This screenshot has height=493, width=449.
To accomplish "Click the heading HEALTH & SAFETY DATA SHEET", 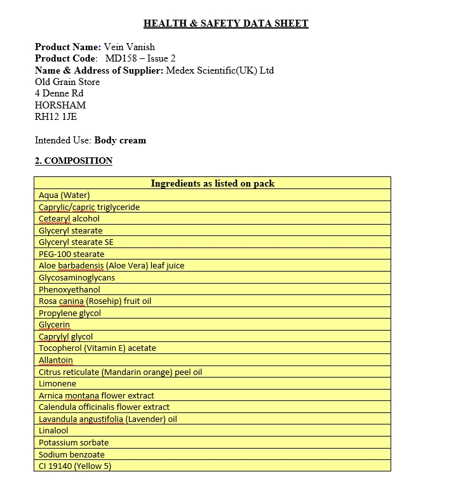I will [x=225, y=24].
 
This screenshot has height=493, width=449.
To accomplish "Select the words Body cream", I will [x=120, y=140].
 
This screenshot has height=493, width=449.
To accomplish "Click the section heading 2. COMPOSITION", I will [x=74, y=161].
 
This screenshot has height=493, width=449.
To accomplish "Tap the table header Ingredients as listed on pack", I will [x=212, y=183].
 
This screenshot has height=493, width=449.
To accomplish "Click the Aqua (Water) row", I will [x=64, y=195].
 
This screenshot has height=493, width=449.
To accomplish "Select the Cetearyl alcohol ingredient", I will [x=69, y=219].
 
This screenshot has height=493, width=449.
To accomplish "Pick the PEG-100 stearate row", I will [x=72, y=254].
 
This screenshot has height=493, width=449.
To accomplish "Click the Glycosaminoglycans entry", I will [x=77, y=278].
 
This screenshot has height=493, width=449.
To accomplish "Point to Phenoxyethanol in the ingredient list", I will [x=69, y=290].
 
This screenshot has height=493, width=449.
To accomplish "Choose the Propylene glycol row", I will [x=70, y=313].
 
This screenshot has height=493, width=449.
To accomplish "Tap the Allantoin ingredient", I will [x=56, y=360].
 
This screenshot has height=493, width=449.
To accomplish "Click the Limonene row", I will [x=57, y=384].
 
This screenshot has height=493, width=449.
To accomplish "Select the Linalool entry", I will [x=53, y=431].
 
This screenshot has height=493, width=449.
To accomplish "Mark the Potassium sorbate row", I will [x=74, y=443].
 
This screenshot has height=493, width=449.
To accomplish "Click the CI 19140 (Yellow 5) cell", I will [x=75, y=466].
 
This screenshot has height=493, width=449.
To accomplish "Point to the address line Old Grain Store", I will [x=67, y=82].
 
